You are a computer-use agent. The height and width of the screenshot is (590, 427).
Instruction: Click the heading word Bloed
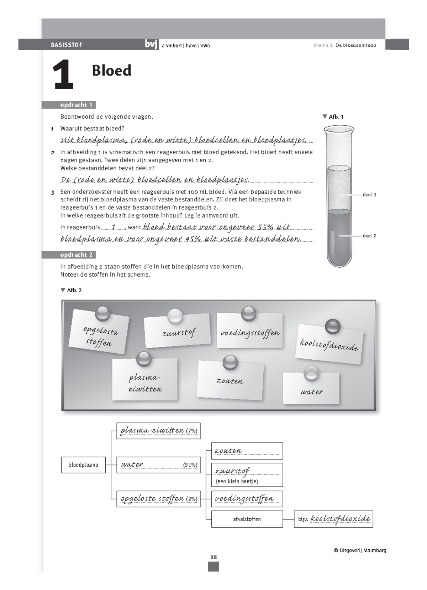(x=111, y=71)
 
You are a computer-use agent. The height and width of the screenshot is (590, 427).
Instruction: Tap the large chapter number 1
(x=63, y=76)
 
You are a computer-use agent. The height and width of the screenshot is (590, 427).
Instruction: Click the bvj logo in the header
(x=151, y=45)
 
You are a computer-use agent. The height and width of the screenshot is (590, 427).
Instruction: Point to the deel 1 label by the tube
(x=369, y=195)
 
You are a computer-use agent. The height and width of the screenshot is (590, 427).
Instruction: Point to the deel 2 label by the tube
(x=369, y=236)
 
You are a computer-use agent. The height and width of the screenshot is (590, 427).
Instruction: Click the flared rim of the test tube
(x=339, y=129)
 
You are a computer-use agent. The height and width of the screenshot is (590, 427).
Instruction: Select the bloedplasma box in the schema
(x=83, y=465)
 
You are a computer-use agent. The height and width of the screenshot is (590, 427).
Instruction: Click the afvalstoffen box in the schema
(x=247, y=519)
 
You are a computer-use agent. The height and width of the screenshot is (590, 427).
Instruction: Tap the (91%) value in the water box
(x=190, y=465)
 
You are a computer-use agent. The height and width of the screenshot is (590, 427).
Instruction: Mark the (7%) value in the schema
(x=191, y=431)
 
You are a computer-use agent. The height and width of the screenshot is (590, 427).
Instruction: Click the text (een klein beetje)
(x=237, y=481)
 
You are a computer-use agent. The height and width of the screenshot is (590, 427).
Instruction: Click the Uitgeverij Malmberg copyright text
(x=360, y=550)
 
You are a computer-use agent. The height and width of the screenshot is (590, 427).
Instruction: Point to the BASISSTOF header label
(x=67, y=45)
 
